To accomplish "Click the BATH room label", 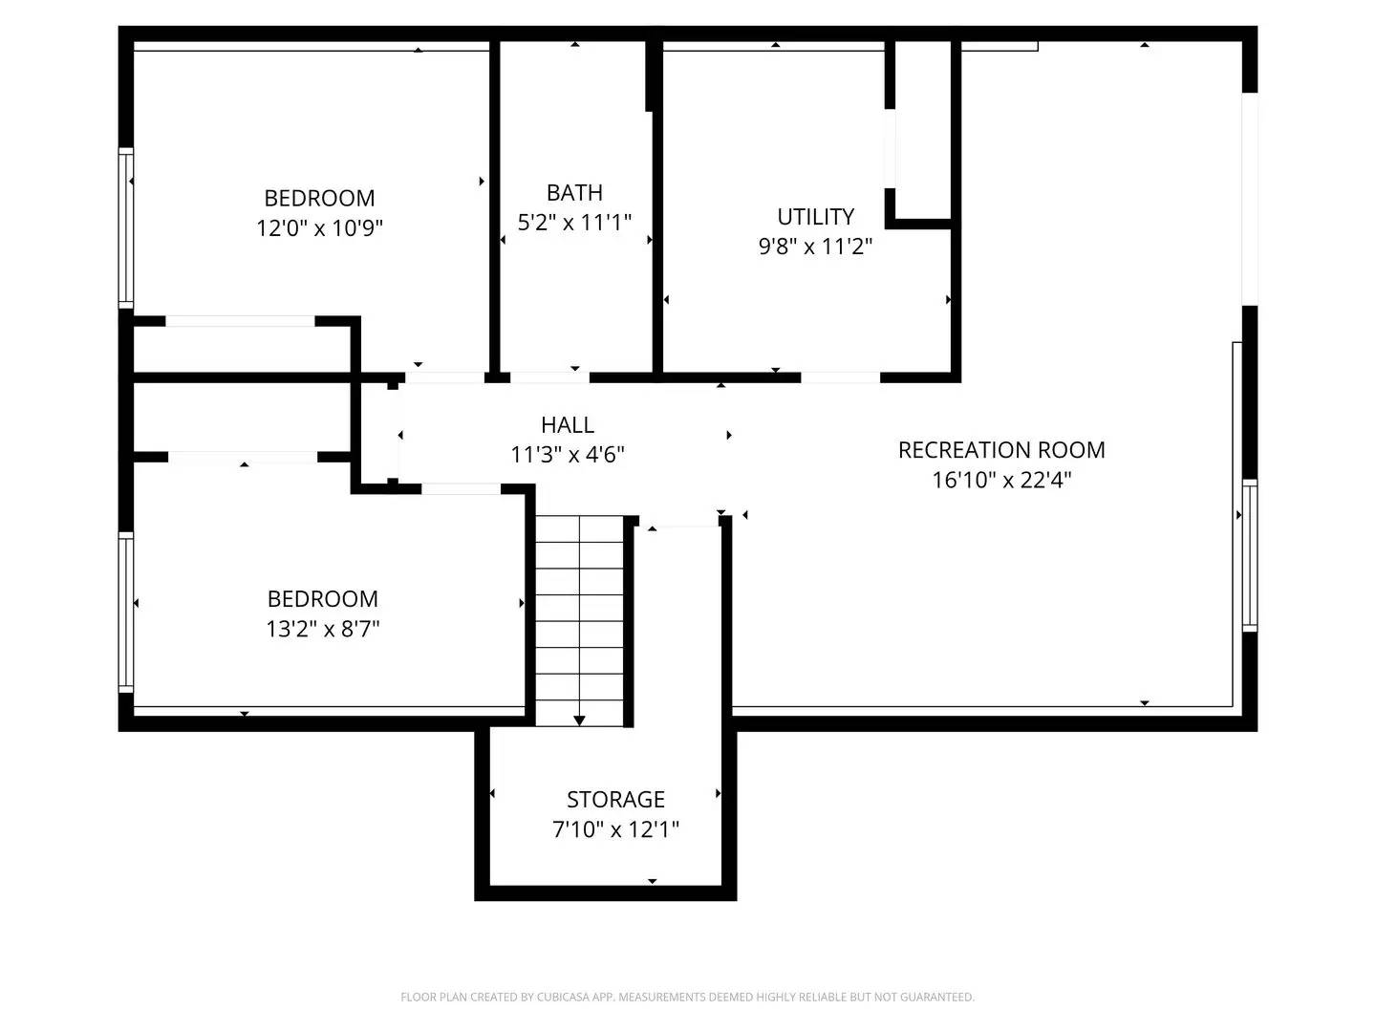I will click(x=574, y=193).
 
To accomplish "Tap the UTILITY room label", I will click(x=815, y=217).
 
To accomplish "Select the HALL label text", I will click(x=568, y=425).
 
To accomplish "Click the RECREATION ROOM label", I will click(x=1001, y=450).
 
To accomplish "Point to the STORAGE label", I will click(x=615, y=800).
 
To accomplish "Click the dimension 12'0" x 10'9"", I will click(x=319, y=228).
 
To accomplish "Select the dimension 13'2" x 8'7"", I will click(x=323, y=629).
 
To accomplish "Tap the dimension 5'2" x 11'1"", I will click(x=574, y=223).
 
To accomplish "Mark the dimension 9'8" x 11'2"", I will click(x=815, y=247).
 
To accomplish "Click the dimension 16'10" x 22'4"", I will click(x=1001, y=480).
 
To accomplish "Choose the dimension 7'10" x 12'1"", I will click(x=615, y=829).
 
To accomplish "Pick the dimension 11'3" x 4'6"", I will click(x=568, y=455).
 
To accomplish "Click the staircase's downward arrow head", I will click(x=579, y=720).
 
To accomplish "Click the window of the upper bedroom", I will click(x=125, y=227).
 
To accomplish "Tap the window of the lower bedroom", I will click(x=125, y=612).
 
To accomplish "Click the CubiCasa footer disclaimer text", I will click(x=687, y=998).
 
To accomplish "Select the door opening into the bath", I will click(x=549, y=377).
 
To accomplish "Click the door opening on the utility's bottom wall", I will click(x=839, y=377).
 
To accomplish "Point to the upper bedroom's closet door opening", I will click(x=240, y=321).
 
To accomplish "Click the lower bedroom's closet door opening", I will click(x=243, y=457).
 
